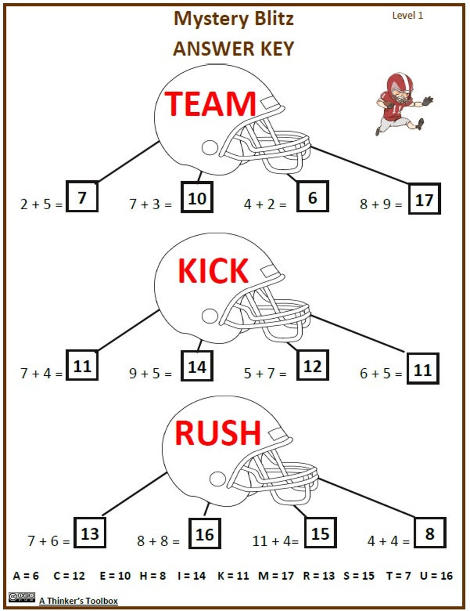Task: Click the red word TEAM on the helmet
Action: click(210, 104)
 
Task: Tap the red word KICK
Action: click(213, 271)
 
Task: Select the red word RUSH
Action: click(218, 433)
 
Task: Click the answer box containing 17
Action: click(424, 199)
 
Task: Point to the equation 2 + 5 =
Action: click(41, 204)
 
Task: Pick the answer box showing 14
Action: click(197, 366)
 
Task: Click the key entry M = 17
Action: click(276, 575)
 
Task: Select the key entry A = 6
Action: click(26, 575)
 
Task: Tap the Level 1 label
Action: click(407, 16)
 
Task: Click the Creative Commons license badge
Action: click(21, 597)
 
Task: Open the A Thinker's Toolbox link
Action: click(78, 601)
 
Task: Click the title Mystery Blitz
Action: click(233, 19)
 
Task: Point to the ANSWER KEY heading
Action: click(233, 49)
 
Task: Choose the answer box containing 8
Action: click(430, 533)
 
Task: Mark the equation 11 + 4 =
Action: click(275, 540)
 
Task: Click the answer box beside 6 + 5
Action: click(423, 369)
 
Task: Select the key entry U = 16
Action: click(436, 575)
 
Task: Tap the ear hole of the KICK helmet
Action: click(210, 316)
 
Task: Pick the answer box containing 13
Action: click(90, 533)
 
